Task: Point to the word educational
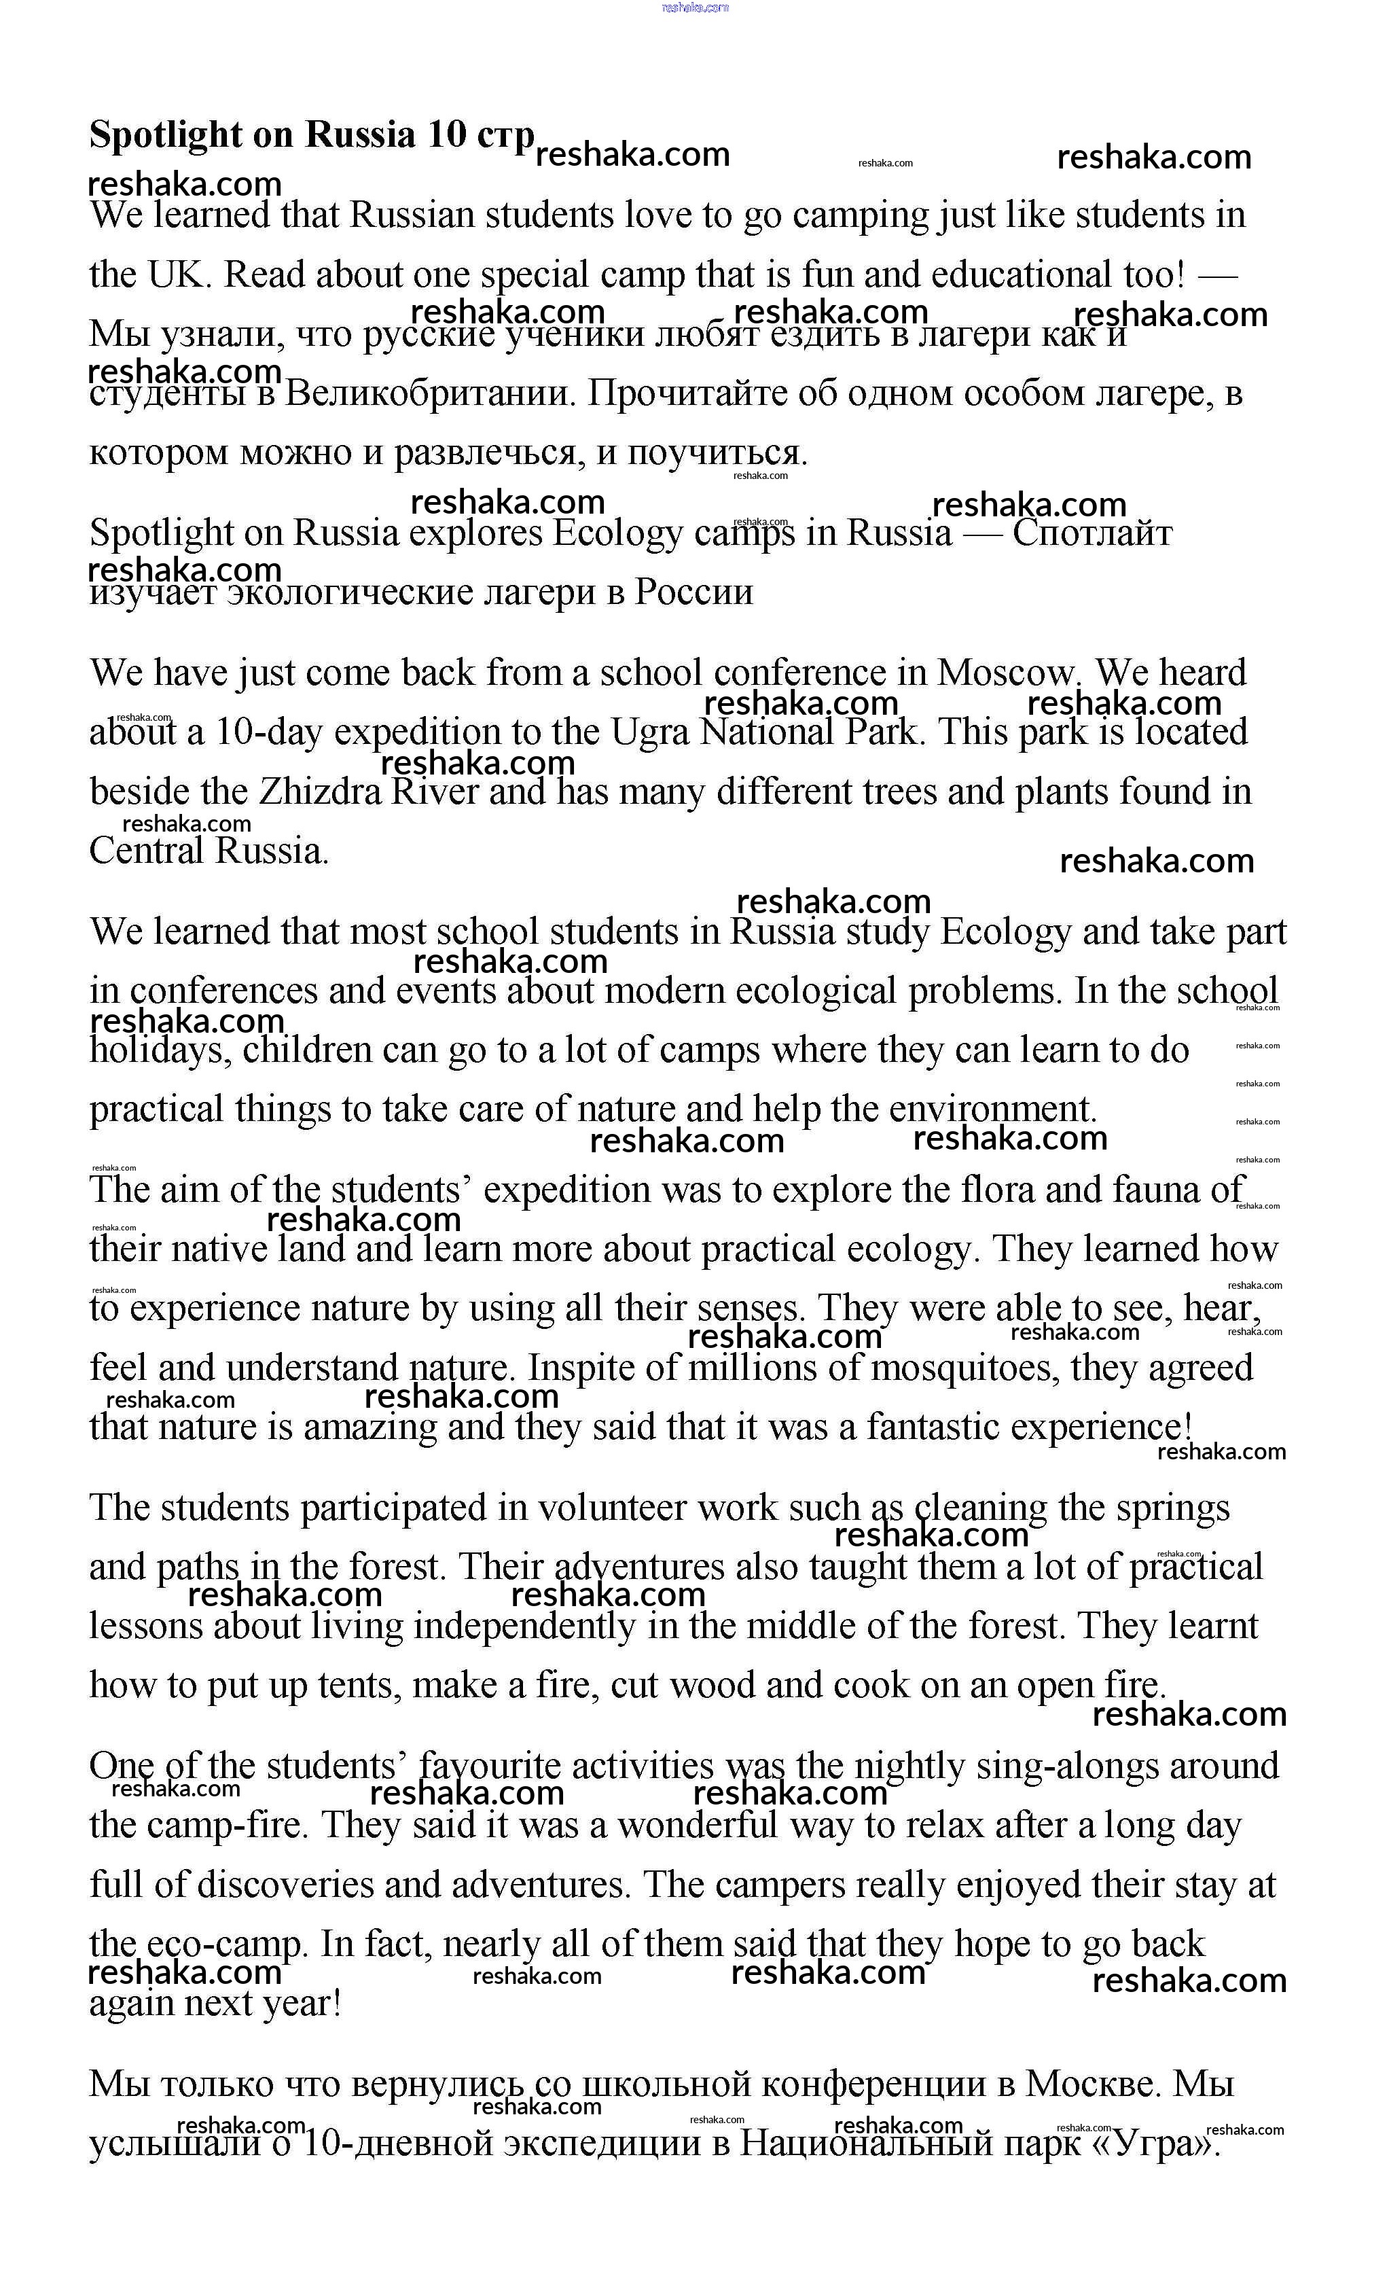pos(1022,275)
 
